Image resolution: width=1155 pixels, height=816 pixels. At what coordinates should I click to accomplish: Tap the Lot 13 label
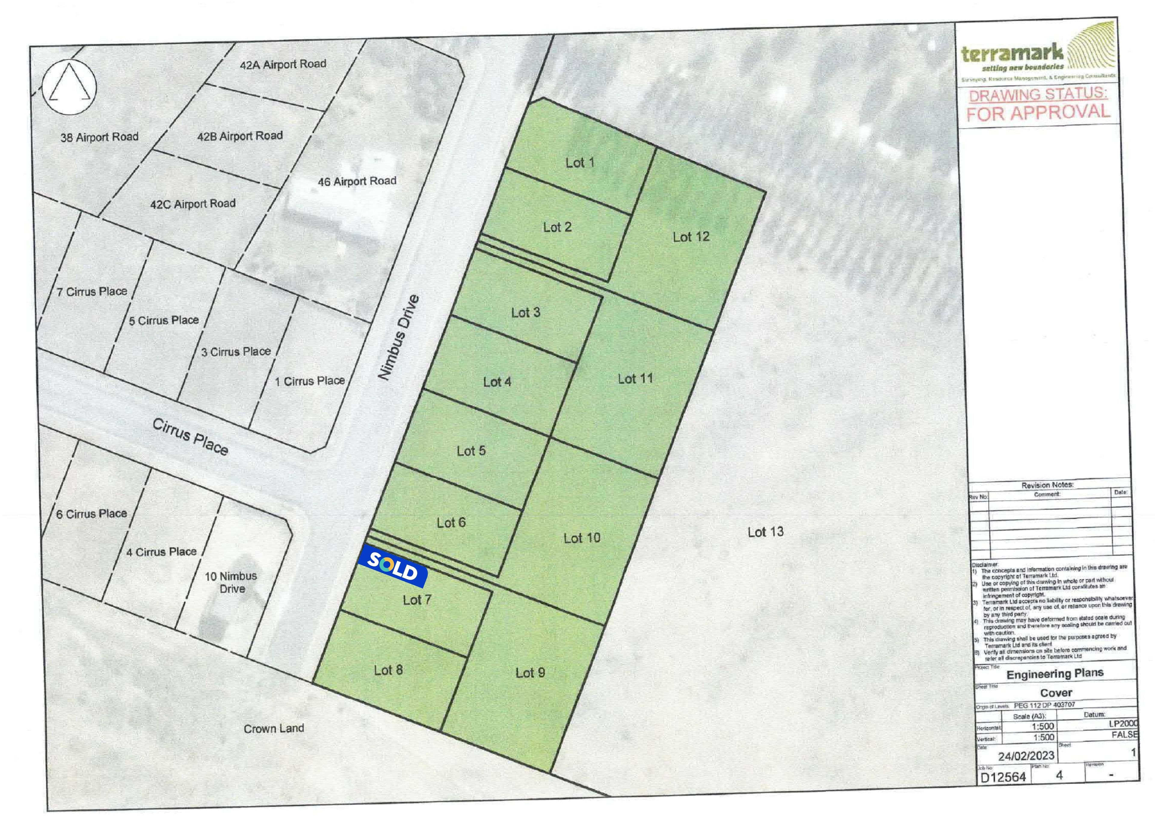click(765, 532)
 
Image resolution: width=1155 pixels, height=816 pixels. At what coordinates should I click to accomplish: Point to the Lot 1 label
click(580, 162)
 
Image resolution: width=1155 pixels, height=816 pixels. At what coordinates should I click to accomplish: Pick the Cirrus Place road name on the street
click(190, 437)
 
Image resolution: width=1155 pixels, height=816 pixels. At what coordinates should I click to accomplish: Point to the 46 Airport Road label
click(357, 181)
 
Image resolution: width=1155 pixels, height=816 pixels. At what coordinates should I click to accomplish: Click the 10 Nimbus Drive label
click(231, 582)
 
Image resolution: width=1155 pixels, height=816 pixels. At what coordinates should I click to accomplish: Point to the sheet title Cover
click(1056, 693)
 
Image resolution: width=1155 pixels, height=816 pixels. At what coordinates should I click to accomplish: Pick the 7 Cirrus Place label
click(91, 292)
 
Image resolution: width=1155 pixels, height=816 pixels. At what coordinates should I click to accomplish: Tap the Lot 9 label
click(530, 673)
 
